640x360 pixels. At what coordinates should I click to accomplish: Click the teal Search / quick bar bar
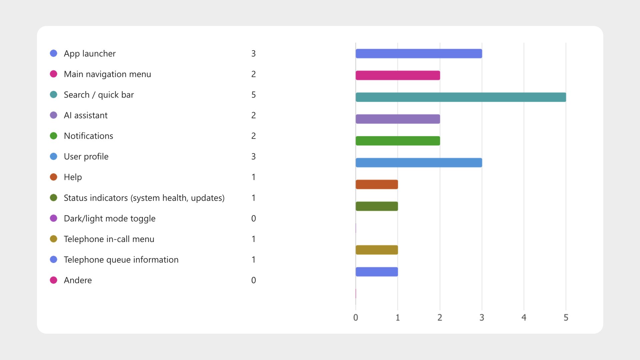click(x=461, y=97)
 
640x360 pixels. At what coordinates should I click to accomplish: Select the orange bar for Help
click(x=377, y=184)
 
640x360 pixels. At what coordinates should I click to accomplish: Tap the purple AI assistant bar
click(x=398, y=119)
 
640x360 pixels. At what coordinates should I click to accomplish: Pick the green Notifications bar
click(x=398, y=141)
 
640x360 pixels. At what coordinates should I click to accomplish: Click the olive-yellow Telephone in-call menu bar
click(x=377, y=250)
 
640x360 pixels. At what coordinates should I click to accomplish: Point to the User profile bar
click(x=419, y=163)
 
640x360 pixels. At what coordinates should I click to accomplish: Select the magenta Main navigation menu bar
click(x=398, y=75)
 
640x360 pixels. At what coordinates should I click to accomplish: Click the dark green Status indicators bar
click(x=377, y=206)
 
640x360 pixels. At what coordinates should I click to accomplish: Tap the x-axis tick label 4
click(x=524, y=318)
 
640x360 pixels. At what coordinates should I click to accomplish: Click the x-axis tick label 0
click(x=356, y=318)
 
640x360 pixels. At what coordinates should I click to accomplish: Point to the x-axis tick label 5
click(x=566, y=318)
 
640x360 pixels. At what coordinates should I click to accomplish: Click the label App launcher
click(x=90, y=54)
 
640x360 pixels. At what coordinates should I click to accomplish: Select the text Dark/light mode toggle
click(x=110, y=219)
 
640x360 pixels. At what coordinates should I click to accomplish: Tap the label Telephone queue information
click(x=121, y=260)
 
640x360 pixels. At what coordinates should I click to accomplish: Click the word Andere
click(x=78, y=280)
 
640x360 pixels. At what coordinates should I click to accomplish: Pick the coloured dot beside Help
click(x=53, y=177)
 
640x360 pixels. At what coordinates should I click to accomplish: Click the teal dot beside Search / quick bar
click(x=53, y=95)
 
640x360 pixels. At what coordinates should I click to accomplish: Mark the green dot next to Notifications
click(x=53, y=136)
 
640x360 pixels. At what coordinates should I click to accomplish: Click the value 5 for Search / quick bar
click(x=254, y=95)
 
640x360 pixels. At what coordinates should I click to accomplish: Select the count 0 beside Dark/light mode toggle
click(x=254, y=219)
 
